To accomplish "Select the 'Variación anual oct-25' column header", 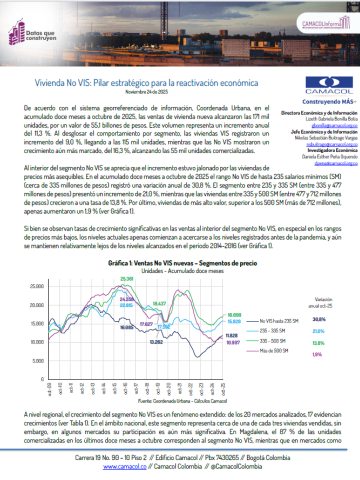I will (319, 329).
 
